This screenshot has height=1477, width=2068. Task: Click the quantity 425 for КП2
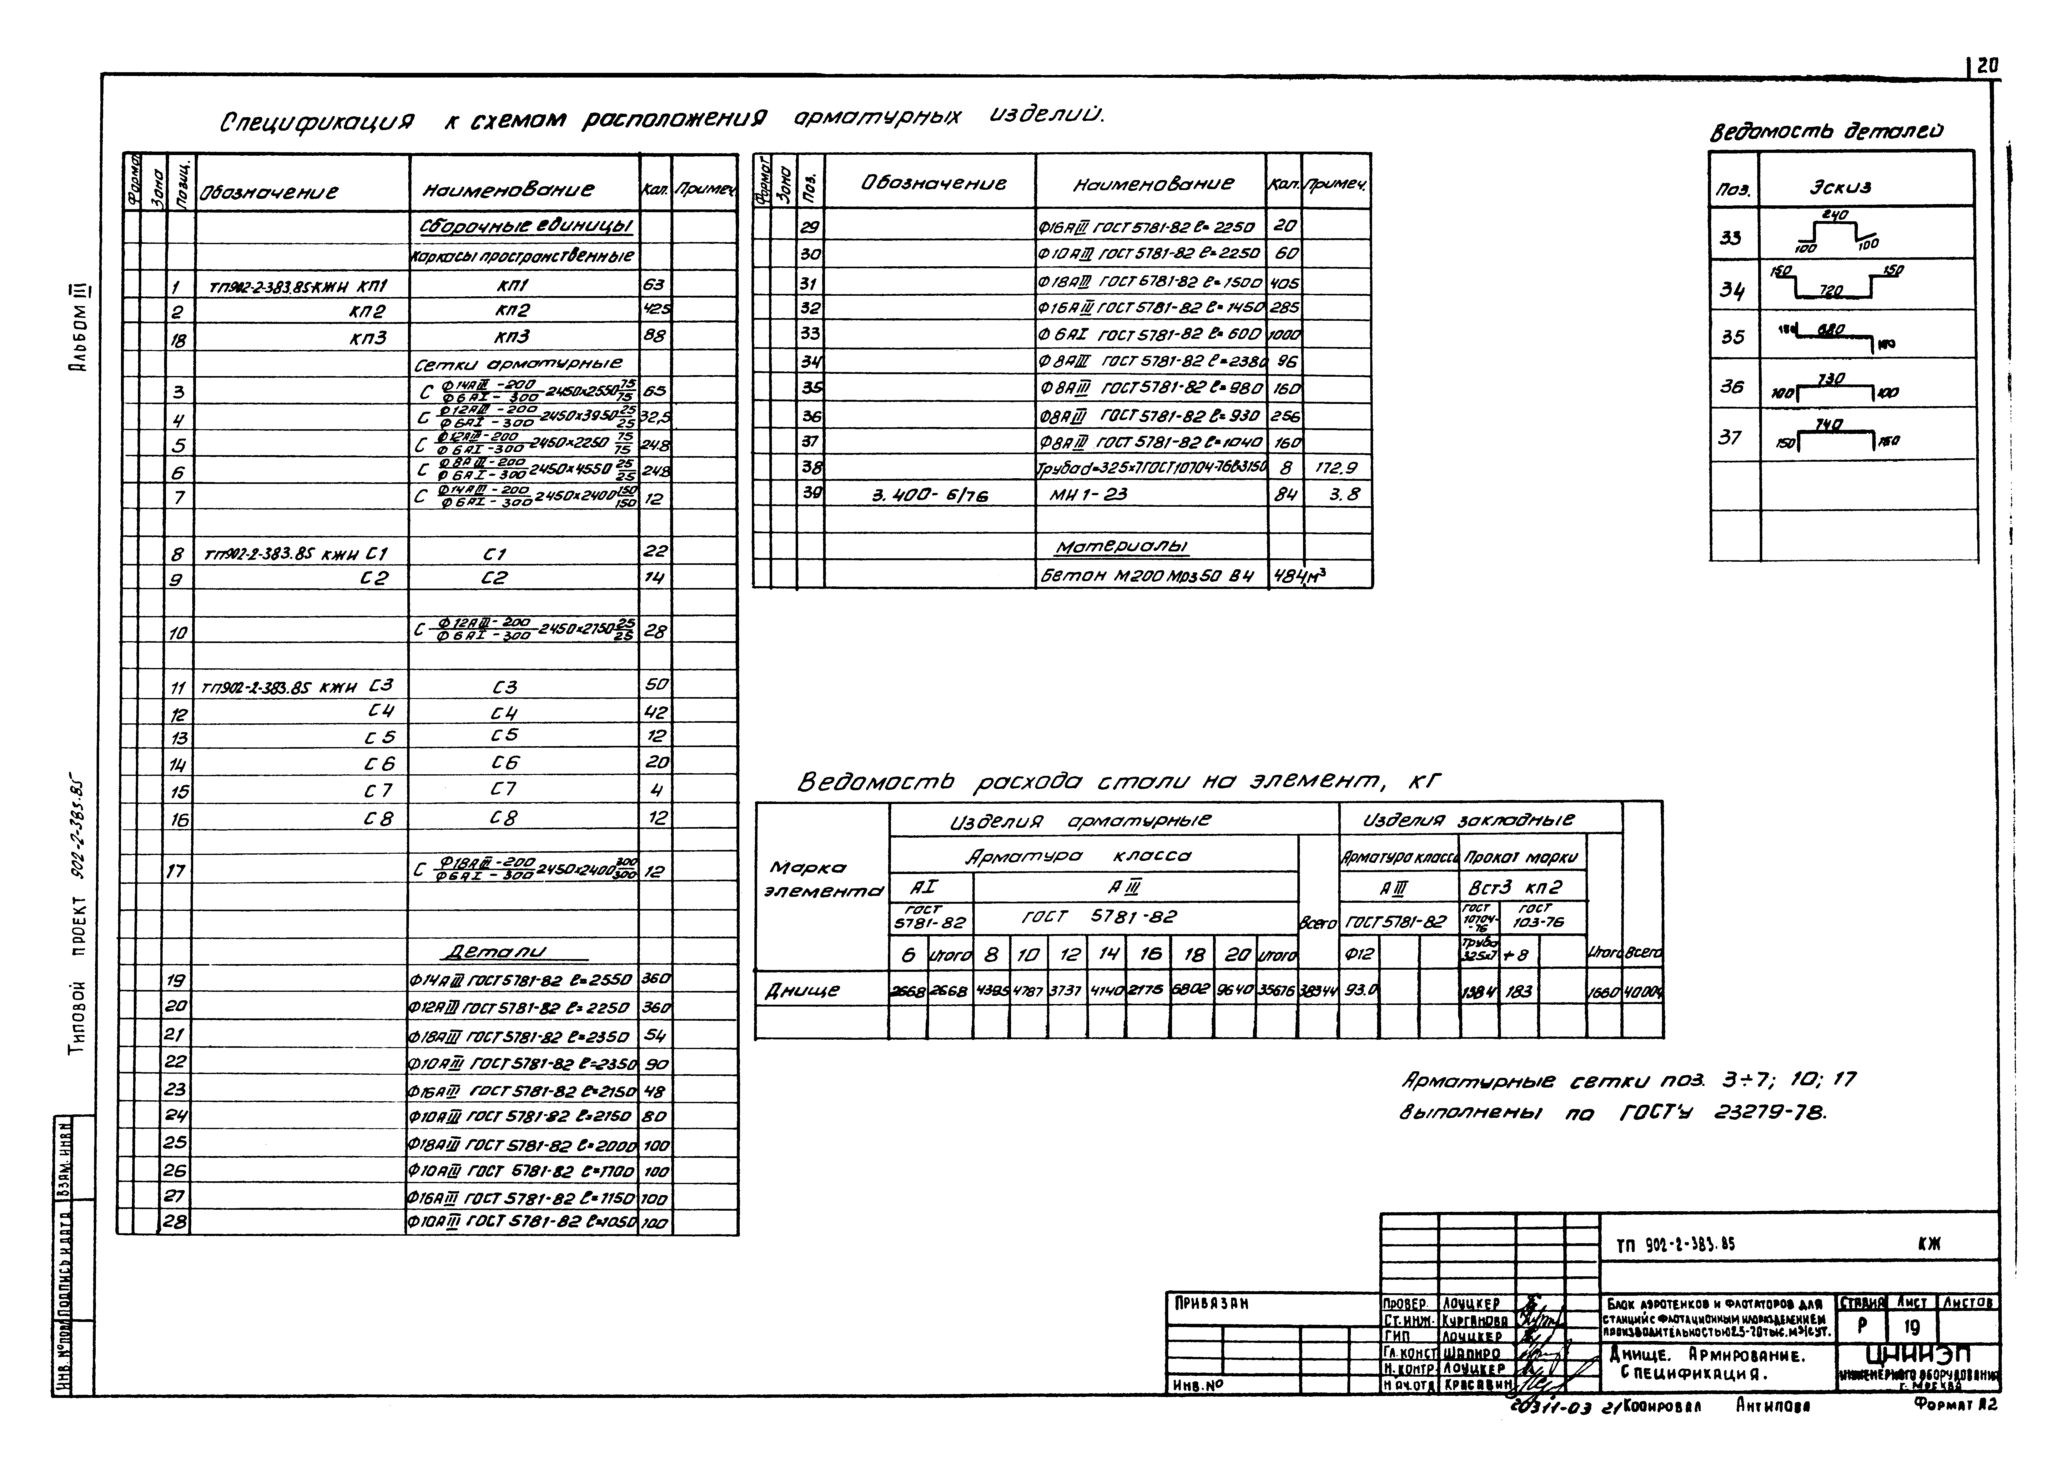(656, 310)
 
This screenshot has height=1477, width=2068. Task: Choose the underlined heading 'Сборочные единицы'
(526, 226)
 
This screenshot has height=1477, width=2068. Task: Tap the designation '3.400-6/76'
(929, 495)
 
